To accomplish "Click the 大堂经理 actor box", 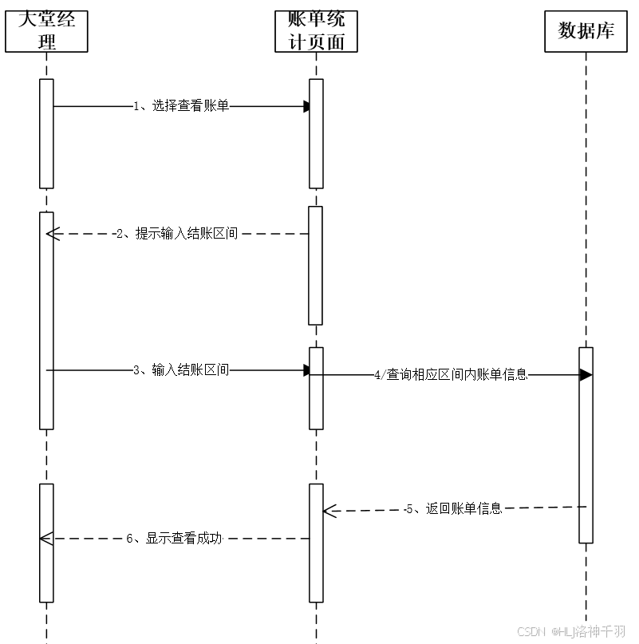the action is (x=46, y=31).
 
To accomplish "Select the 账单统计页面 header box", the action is (x=315, y=31).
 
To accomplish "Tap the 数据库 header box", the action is (x=586, y=31).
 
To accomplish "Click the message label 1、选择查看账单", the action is (x=181, y=105).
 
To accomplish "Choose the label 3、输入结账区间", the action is (x=181, y=370).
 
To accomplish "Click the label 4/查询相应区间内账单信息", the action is (x=451, y=374).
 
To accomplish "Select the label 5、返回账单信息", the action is (x=453, y=508).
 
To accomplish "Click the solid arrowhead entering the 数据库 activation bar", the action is (x=585, y=374).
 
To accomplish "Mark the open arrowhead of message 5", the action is (x=329, y=511).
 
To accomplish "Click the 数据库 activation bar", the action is (x=586, y=444).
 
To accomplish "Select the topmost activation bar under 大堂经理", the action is (x=46, y=133).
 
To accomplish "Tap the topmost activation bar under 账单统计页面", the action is (x=316, y=133).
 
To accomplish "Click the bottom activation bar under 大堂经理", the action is (x=46, y=543).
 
